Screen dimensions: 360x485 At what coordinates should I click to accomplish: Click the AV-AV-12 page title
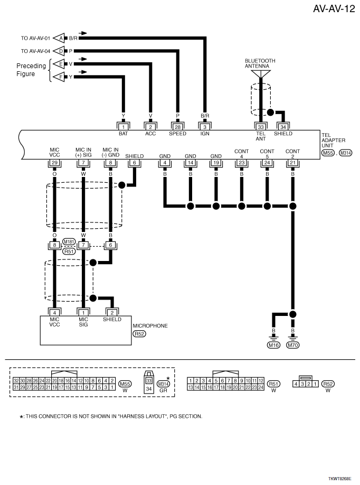pos(334,8)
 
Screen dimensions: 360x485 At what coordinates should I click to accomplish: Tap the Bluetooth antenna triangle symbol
pos(261,74)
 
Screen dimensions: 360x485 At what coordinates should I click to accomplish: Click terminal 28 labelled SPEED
pos(178,127)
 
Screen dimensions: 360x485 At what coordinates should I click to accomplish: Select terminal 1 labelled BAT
pos(124,127)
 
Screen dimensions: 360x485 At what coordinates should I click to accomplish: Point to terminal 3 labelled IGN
pos(205,127)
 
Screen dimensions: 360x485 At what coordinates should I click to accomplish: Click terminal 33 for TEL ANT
pos(261,127)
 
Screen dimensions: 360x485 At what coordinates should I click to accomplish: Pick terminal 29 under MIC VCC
pos(54,163)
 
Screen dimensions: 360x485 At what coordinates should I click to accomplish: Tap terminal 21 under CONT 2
pos(292,163)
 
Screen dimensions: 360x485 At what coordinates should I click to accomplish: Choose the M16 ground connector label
pos(273,345)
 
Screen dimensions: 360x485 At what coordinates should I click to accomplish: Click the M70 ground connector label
pos(293,345)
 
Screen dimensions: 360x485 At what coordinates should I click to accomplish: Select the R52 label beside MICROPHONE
pos(139,334)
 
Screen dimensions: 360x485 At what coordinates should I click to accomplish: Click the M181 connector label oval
pos(69,241)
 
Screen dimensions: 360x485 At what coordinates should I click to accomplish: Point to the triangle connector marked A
pos(59,38)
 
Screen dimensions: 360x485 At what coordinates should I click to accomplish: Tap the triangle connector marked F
pos(59,77)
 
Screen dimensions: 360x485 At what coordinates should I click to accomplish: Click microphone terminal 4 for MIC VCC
pos(54,313)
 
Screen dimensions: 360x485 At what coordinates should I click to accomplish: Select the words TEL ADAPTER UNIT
pos(333,140)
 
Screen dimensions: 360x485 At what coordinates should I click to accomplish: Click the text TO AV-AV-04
pos(35,51)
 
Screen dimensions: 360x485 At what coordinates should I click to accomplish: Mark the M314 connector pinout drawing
pos(149,381)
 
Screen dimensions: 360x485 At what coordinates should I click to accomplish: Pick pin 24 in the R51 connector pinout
pos(261,387)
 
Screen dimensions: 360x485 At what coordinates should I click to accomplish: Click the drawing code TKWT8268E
pos(339,479)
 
